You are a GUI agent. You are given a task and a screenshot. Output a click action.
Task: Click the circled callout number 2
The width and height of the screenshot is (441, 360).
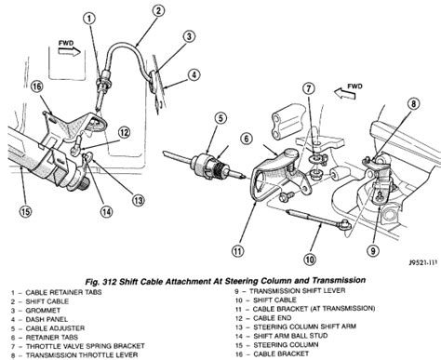point(158,11)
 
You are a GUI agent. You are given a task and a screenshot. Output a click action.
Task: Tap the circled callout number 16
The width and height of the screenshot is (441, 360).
point(36,87)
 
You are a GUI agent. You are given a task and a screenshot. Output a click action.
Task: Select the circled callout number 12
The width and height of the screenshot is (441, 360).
point(124,133)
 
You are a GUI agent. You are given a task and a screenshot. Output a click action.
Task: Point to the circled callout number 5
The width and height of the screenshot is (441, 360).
point(220,118)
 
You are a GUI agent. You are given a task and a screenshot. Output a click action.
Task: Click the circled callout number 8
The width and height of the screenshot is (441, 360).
point(414,103)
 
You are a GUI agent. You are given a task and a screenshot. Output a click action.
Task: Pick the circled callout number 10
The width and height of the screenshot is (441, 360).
point(310,260)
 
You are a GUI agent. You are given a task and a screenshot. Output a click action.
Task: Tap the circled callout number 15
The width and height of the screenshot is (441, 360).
point(25,212)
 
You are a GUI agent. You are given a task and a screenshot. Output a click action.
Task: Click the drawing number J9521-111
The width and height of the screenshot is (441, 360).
point(422,262)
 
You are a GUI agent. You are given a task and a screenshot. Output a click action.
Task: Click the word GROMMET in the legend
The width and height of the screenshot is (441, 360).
point(43,311)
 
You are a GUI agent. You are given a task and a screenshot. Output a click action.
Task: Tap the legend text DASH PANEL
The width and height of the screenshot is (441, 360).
point(47,319)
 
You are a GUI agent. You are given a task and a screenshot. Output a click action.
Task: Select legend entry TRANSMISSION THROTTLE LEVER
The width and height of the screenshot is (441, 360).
point(82,355)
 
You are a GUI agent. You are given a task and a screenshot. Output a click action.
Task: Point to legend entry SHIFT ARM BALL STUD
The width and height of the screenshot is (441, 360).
point(290,336)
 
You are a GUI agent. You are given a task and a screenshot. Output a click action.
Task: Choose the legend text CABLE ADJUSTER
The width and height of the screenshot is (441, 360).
point(55,328)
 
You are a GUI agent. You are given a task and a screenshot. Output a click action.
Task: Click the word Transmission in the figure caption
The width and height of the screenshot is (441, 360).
point(339,280)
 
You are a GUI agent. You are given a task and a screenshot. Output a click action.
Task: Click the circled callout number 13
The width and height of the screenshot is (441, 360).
point(139,200)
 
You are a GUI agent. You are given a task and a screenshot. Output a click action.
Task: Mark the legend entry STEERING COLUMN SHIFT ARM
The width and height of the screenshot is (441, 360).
point(304,327)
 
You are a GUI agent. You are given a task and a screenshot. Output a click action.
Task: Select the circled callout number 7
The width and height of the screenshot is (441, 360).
point(309,89)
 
